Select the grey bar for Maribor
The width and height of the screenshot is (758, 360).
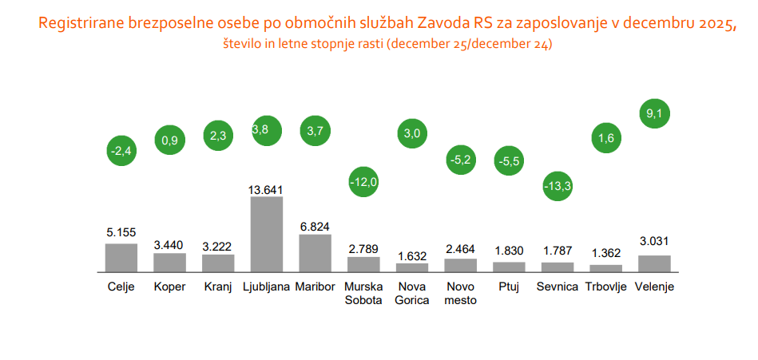click(315, 253)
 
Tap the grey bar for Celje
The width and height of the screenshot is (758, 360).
click(121, 258)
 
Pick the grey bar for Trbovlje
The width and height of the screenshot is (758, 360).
click(605, 269)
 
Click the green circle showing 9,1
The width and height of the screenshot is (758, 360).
click(654, 113)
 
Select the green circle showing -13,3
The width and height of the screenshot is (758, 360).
click(557, 186)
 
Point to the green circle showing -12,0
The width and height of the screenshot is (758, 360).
click(363, 181)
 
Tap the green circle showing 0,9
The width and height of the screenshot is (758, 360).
click(169, 140)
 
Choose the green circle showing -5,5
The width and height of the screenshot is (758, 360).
click(509, 161)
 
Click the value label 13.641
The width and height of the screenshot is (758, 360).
click(267, 190)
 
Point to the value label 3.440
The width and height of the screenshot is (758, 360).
click(169, 245)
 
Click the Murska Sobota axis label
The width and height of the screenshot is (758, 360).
click(363, 293)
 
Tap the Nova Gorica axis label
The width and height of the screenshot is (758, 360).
click(412, 293)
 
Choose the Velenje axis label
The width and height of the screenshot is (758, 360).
click(654, 287)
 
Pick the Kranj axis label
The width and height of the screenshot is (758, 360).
click(218, 287)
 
